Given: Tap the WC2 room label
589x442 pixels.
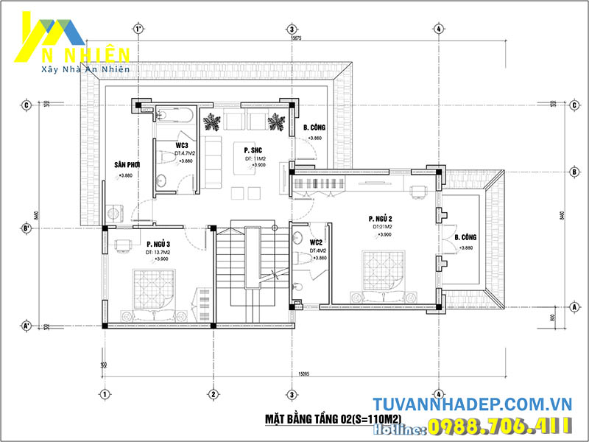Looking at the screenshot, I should coord(317,242).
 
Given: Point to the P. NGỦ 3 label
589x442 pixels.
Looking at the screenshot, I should coord(158,244).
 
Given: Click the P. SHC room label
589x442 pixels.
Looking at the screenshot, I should coord(255,150).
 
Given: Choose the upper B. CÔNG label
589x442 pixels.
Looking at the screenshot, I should coord(314,128).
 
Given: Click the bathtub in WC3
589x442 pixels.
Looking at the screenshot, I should coord(175,116).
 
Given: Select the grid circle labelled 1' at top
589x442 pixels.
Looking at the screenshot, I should coord(138,29).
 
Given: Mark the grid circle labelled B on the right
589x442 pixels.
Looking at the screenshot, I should coord(574,172).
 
